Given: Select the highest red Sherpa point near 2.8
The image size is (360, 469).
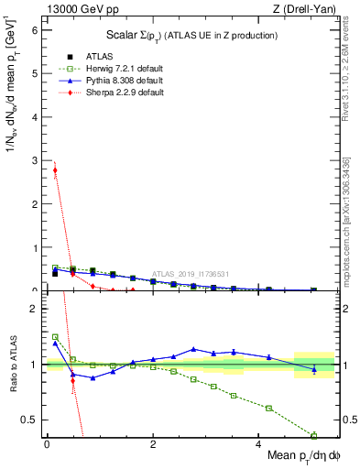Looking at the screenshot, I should coord(55,169).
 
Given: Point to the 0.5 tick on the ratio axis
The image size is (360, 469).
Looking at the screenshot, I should coord(31,420).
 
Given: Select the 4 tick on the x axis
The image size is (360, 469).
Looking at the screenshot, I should coord(260,444).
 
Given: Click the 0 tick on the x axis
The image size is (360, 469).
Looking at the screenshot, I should coord(47,444).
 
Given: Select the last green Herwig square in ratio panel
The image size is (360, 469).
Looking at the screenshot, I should coord(313,435).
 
